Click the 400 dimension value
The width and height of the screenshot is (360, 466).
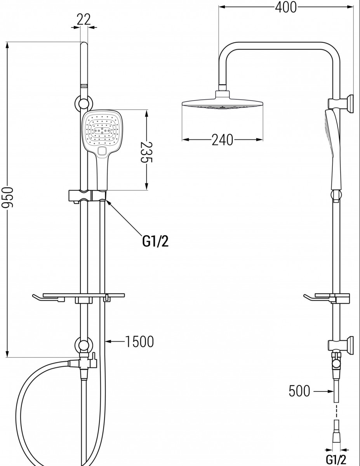pyautogui.click(x=286, y=7)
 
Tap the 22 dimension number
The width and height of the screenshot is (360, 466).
pyautogui.click(x=84, y=19)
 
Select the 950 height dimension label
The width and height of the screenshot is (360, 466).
pyautogui.click(x=7, y=197)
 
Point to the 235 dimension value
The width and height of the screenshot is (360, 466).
pyautogui.click(x=146, y=152)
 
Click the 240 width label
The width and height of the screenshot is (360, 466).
pyautogui.click(x=223, y=140)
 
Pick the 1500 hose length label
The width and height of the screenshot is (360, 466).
pyautogui.click(x=139, y=342)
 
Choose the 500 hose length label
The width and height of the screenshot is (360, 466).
pyautogui.click(x=299, y=391)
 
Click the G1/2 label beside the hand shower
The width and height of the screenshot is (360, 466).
pyautogui.click(x=155, y=241)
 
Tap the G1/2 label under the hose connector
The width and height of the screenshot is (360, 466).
pyautogui.click(x=336, y=459)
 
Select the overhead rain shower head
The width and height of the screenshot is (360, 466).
pyautogui.click(x=223, y=100)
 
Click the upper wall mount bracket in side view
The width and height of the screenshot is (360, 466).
pyautogui.click(x=341, y=104)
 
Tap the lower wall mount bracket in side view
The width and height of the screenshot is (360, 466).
pyautogui.click(x=341, y=345)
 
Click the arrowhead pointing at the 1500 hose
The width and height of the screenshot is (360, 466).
pyautogui.click(x=109, y=342)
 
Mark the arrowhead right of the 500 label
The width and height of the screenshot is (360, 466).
pyautogui.click(x=330, y=391)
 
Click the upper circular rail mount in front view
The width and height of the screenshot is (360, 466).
pyautogui.click(x=83, y=103)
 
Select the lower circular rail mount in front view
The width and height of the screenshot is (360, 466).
pyautogui.click(x=83, y=346)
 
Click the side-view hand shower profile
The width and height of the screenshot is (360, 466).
pyautogui.click(x=333, y=150)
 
